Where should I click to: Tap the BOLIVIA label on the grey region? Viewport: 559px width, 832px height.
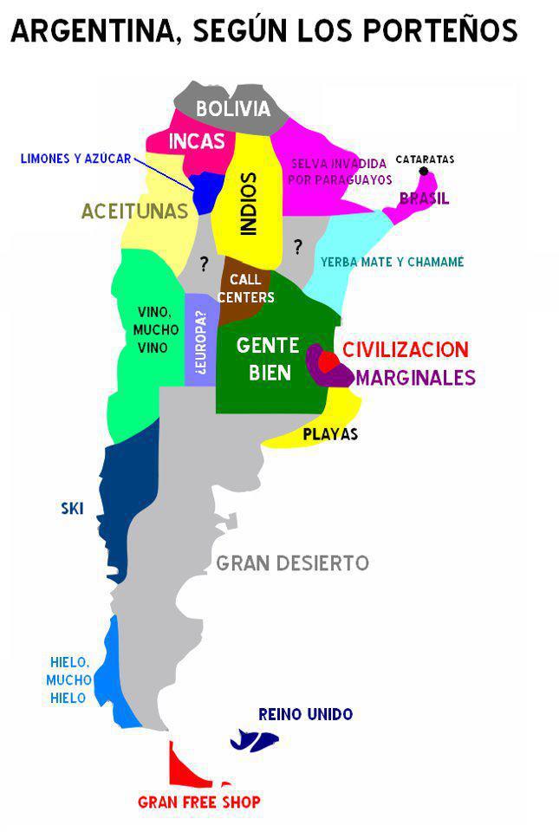coord(233,109)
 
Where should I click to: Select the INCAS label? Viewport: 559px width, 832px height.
coord(197,142)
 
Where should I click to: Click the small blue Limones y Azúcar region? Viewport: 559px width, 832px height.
coord(205,191)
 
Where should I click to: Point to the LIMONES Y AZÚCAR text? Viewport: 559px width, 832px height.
coord(76,159)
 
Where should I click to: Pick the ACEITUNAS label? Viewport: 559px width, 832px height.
coord(134,211)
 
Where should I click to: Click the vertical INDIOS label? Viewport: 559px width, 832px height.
coord(249,204)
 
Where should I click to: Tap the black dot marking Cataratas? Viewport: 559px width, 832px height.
coord(424,172)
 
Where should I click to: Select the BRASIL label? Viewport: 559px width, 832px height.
coord(424,198)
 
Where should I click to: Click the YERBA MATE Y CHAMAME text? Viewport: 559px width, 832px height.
coord(392,262)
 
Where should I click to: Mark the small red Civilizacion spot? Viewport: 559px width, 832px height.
coord(328,361)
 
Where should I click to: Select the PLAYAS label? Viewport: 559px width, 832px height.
coord(330,434)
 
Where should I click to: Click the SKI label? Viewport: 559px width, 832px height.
coord(72,509)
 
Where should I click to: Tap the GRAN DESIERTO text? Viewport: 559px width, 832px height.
coord(292,563)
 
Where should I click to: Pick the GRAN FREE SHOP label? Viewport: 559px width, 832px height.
coord(199,803)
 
